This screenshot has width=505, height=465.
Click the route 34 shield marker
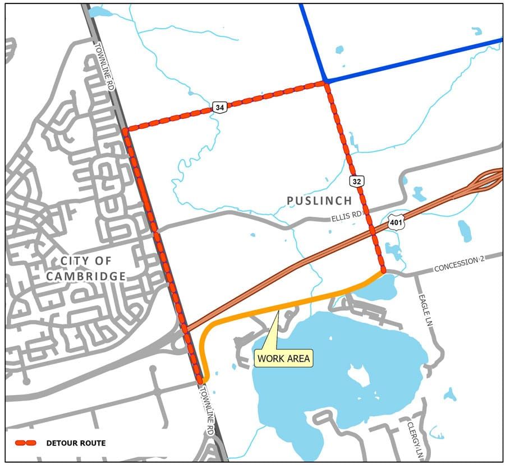pos(220,107)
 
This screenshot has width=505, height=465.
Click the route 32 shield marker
pos(356,181)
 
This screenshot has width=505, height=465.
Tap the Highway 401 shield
pos(396,224)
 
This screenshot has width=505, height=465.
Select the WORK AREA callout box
pos(283,357)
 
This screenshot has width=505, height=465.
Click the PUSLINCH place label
pos(319,201)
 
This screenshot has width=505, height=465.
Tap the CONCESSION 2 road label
pos(458,263)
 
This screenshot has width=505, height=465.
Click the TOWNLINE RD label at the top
pos(104,67)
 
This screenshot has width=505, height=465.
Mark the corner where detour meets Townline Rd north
pos(126,130)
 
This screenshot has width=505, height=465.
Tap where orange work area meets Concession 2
pos(383,272)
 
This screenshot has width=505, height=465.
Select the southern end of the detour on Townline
pos(199,380)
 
